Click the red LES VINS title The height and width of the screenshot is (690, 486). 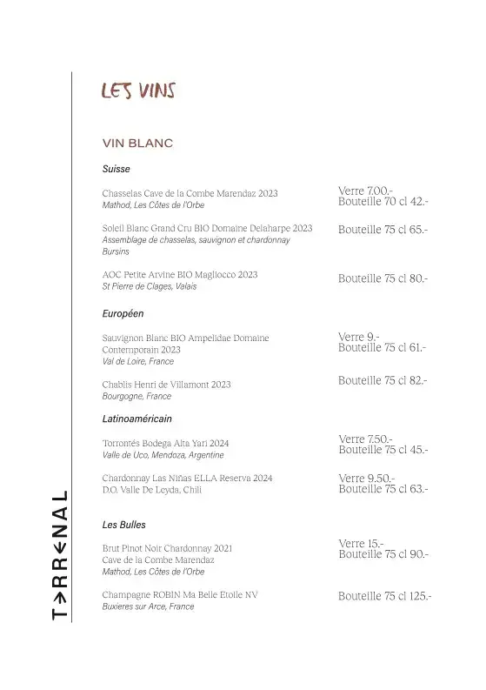point(138,90)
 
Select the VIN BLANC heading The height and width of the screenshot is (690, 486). point(137,143)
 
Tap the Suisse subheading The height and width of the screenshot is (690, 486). point(116,170)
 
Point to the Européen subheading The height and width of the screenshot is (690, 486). point(123,312)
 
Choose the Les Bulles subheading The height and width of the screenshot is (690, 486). point(124,525)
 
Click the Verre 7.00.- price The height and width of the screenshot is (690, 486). point(365,191)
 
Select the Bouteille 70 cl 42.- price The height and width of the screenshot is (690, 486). point(383,201)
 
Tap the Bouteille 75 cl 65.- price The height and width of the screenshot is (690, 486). point(383,230)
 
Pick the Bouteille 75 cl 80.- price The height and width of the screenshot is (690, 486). point(383,278)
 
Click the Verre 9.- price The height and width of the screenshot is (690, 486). point(359,337)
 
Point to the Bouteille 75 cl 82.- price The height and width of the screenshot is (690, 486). point(383,380)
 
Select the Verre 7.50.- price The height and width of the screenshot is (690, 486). point(365,439)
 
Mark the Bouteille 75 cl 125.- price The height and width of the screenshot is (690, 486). point(385,596)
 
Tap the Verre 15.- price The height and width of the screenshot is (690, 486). point(362,544)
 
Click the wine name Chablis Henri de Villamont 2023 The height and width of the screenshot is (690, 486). point(166,384)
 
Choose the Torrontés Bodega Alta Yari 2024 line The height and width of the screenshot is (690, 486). point(165,443)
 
